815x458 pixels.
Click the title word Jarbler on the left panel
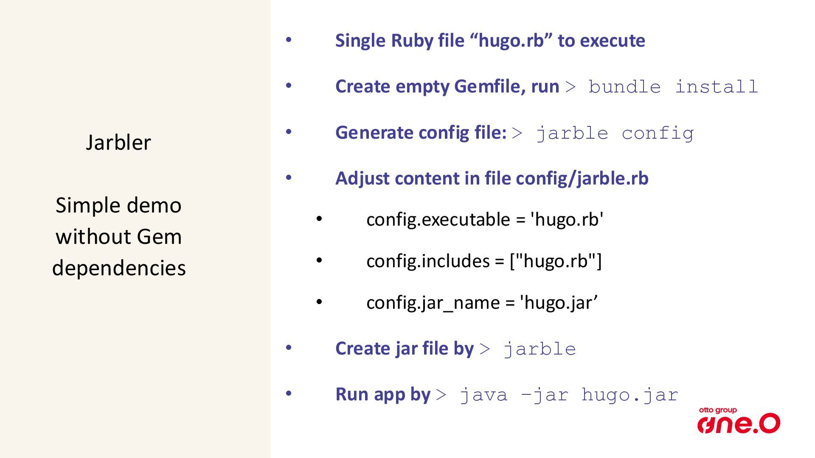[x=118, y=142]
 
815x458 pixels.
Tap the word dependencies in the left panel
[x=119, y=268]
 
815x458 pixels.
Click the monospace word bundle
[x=624, y=87]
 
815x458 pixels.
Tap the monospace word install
[x=716, y=87]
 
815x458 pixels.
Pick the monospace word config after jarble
[x=658, y=134]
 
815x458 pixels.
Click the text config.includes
[x=428, y=261]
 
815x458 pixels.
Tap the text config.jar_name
[x=433, y=303]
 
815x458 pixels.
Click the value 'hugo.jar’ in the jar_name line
[x=559, y=303]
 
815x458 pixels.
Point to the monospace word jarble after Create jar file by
[x=540, y=349]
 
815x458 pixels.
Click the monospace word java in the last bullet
[x=483, y=395]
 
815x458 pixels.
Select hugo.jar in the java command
[x=630, y=395]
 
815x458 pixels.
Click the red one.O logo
[x=739, y=424]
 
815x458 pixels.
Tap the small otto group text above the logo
[x=718, y=410]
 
